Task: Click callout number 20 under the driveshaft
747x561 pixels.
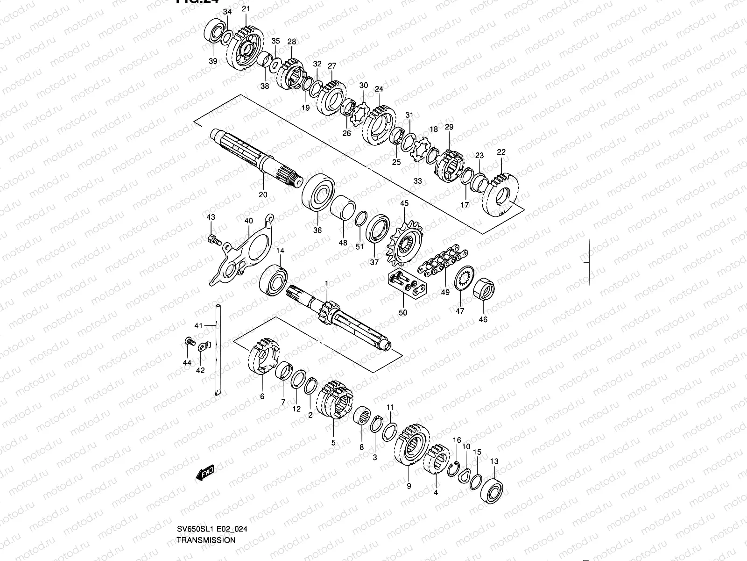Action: click(x=263, y=194)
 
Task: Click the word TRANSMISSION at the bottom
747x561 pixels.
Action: click(x=206, y=539)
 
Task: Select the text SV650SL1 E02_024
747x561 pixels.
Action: click(x=212, y=530)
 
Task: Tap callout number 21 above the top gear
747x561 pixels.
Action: click(x=246, y=8)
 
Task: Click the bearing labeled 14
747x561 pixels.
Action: click(x=274, y=280)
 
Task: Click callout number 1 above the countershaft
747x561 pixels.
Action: click(x=326, y=283)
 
